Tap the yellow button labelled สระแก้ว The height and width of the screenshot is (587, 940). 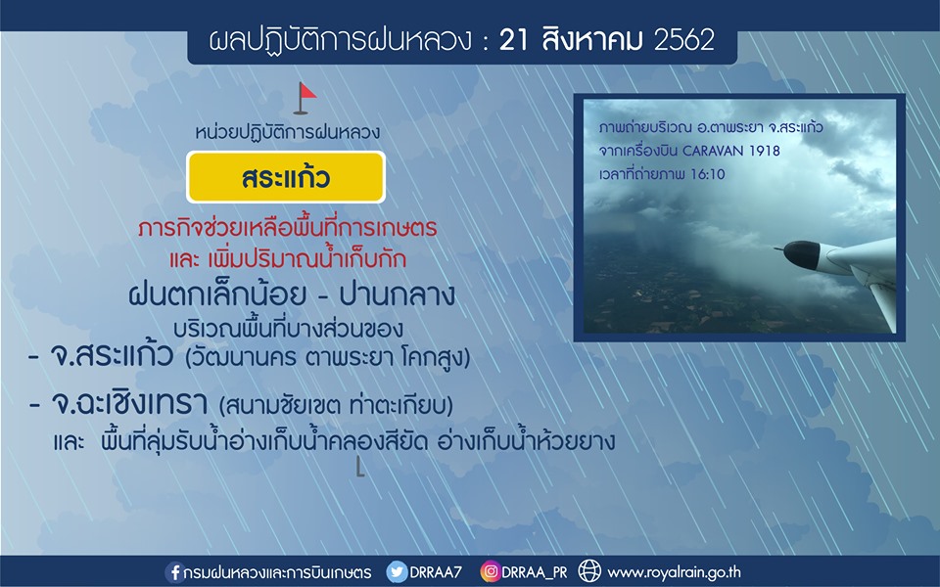click(286, 177)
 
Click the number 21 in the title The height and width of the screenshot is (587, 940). click(514, 40)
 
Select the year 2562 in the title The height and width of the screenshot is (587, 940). click(684, 40)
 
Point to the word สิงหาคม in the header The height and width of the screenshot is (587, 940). click(591, 39)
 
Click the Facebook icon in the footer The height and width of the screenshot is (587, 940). click(174, 572)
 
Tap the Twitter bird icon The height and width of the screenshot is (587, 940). click(397, 572)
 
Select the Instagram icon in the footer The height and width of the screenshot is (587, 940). click(490, 572)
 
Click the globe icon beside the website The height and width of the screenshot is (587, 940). click(589, 571)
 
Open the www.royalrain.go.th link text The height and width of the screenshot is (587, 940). click(675, 572)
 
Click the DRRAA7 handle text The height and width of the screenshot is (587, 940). click(436, 572)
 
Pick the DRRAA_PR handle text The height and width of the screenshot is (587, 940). click(535, 572)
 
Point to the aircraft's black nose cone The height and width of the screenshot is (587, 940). click(800, 254)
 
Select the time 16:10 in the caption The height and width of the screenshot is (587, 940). click(707, 174)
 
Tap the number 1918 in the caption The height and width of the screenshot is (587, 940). click(765, 151)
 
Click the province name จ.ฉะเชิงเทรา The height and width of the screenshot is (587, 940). click(129, 403)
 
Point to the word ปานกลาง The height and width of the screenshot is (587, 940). click(398, 294)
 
